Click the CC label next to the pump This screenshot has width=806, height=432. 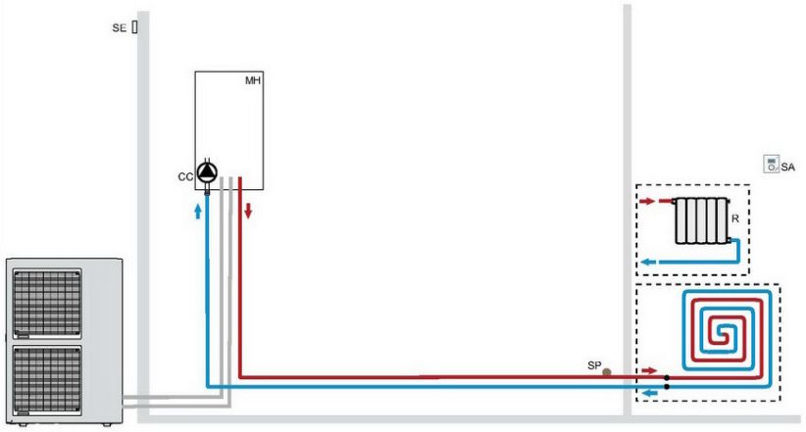pyautogui.click(x=184, y=176)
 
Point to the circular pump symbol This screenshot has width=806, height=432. pyautogui.click(x=207, y=172)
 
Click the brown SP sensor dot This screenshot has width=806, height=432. pyautogui.click(x=607, y=371)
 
